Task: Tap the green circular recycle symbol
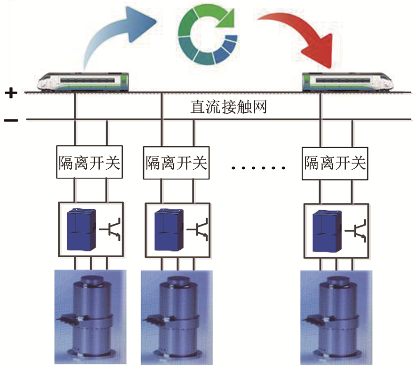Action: coord(207,35)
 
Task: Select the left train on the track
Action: coord(85,81)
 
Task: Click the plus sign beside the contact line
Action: coord(10,93)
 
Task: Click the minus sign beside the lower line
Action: coord(10,120)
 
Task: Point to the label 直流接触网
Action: coord(229,107)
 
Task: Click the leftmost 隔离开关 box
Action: coord(89,163)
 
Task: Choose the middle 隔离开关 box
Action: coord(176,163)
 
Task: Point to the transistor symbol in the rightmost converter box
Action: coord(359,229)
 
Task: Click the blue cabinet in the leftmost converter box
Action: coord(80,229)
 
